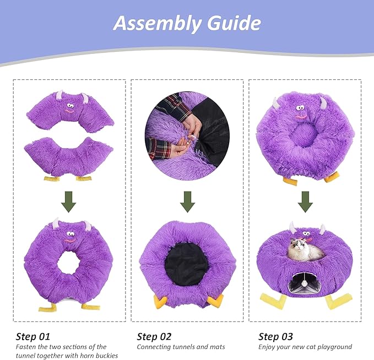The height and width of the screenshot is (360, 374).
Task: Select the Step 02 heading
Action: pos(154,336)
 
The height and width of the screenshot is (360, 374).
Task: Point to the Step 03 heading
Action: pos(276,336)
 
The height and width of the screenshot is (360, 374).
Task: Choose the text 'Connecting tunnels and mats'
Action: pos(181,347)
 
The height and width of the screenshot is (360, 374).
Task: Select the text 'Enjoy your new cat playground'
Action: pos(305,347)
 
